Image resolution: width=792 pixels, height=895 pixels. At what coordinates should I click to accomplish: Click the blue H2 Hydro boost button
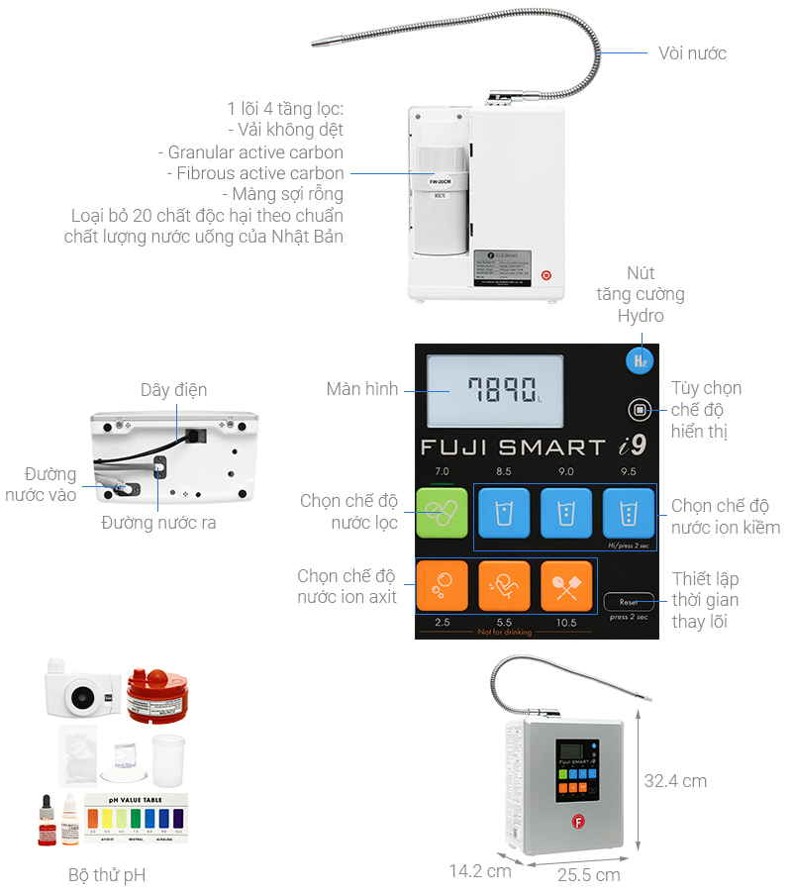640,360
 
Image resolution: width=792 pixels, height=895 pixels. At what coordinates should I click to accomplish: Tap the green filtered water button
441,513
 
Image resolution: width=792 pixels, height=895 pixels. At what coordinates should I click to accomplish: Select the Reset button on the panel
629,601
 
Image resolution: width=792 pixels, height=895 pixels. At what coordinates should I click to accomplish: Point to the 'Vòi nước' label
692,53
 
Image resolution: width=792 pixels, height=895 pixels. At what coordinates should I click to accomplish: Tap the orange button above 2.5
441,586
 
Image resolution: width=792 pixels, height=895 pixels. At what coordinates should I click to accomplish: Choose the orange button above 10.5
566,586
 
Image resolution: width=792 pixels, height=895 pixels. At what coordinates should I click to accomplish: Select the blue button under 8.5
503,513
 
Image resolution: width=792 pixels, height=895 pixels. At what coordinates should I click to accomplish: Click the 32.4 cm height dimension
675,780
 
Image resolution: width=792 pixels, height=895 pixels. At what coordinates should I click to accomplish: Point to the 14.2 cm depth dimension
480,871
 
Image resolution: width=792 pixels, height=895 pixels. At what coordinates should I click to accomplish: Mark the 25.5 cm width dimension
589,875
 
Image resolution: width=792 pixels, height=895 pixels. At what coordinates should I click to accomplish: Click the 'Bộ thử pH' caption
107,875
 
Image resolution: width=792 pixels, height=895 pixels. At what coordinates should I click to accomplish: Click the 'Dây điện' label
173,390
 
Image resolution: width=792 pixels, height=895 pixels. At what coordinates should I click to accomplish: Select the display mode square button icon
640,409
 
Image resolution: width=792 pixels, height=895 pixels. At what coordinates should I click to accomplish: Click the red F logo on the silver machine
577,820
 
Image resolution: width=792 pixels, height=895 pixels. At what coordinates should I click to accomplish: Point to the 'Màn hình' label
361,389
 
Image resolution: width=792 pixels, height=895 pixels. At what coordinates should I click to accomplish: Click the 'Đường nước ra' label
158,523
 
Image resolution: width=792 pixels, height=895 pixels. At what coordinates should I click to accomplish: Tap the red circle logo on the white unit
545,276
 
